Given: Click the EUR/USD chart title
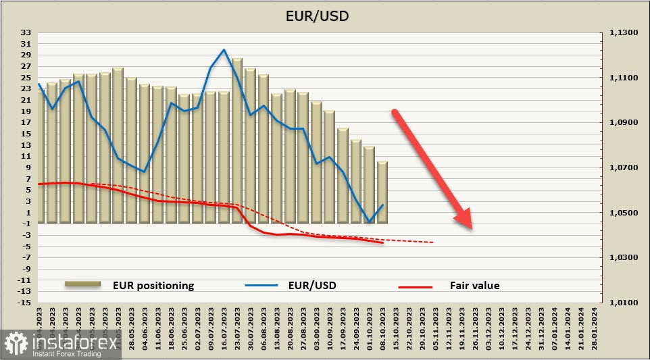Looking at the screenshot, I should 324,15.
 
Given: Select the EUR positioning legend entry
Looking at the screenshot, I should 153,285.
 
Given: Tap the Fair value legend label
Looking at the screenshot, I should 474,285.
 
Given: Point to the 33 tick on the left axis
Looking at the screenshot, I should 26,32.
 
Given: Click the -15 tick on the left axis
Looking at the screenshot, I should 25,303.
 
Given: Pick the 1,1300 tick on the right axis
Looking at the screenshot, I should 624,32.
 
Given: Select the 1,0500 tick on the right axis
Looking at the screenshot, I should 624,213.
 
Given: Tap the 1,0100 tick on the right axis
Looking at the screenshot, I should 624,303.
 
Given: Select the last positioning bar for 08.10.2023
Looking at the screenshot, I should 382,192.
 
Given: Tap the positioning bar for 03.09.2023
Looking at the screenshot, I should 317,162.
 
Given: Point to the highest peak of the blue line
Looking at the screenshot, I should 224,49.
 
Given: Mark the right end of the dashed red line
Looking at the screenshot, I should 433,242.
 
